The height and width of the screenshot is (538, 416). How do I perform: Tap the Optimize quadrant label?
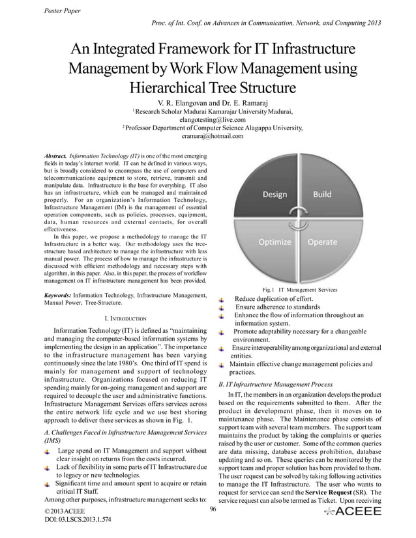[x=275, y=242]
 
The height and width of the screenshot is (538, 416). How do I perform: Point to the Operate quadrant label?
[x=324, y=242]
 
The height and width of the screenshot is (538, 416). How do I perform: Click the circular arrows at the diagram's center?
[x=300, y=218]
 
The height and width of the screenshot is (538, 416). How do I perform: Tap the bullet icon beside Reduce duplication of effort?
[x=222, y=299]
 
